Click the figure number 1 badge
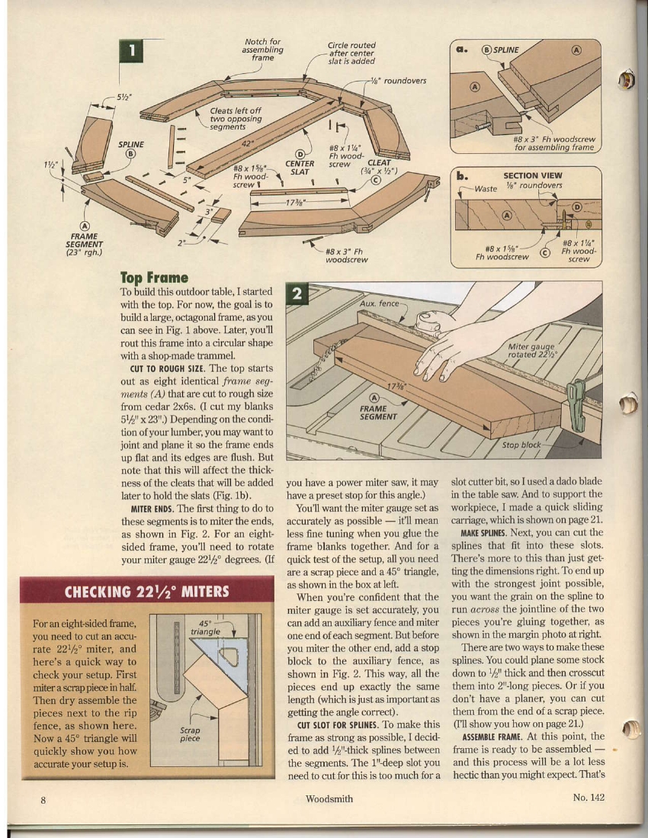(133, 50)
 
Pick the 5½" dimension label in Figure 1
(124, 97)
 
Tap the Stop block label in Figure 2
(521, 445)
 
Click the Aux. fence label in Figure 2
(379, 303)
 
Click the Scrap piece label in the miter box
(190, 734)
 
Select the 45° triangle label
(204, 627)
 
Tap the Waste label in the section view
(485, 187)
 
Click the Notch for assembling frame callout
(264, 49)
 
